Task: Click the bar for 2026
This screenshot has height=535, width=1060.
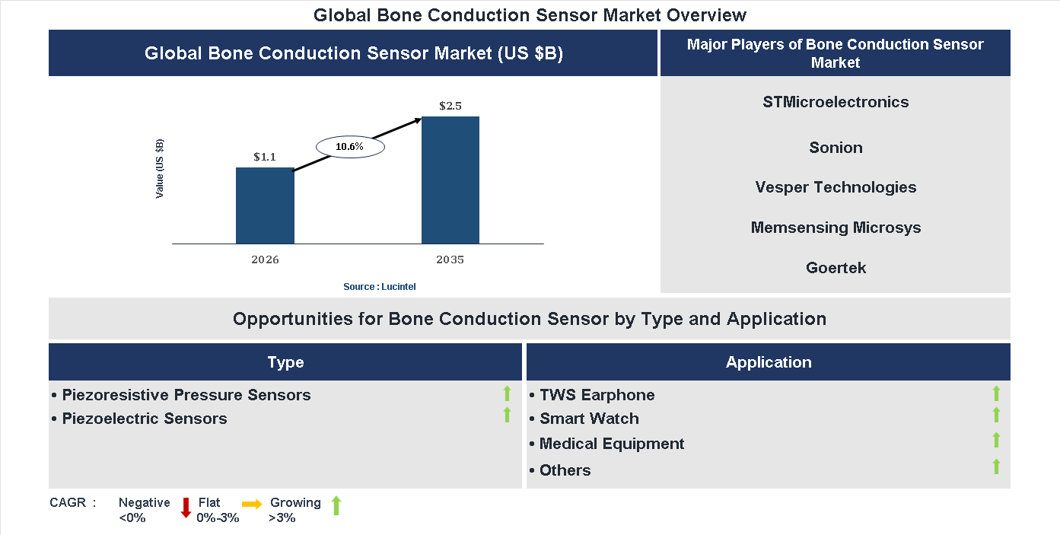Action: [x=265, y=205]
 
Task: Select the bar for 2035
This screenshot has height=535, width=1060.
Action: [x=450, y=180]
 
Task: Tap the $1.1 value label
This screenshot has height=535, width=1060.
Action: [x=265, y=157]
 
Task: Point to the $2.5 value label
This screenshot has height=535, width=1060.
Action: [x=450, y=106]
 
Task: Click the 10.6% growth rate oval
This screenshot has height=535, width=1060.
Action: [x=350, y=146]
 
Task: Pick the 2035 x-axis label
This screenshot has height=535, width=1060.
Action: [x=450, y=260]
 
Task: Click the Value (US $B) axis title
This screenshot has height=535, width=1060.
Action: [x=160, y=169]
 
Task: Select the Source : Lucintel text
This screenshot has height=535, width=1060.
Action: [x=380, y=286]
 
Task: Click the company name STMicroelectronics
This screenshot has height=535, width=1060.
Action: [x=836, y=102]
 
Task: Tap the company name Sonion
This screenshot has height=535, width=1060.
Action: [x=836, y=148]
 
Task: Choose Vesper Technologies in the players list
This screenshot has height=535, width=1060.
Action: [x=836, y=187]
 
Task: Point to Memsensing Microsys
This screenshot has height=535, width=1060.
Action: [x=836, y=228]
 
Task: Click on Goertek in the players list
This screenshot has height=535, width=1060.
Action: [x=836, y=268]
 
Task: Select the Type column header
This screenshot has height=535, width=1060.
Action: [x=285, y=362]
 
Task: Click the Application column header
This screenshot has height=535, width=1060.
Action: [x=769, y=362]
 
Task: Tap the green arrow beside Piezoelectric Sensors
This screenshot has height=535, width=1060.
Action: [x=507, y=415]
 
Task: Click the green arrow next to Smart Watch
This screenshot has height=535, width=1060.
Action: [x=996, y=415]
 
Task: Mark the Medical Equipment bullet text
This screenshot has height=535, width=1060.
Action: [x=612, y=444]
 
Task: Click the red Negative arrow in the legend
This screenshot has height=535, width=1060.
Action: [x=186, y=508]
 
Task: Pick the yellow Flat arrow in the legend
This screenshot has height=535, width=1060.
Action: [x=252, y=504]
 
